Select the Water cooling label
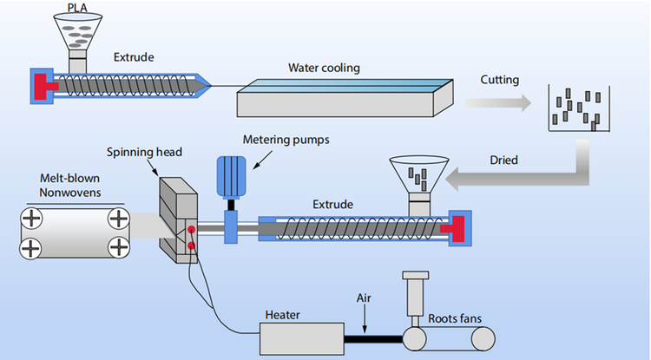(x=324, y=67)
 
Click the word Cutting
(x=499, y=80)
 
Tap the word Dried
(x=503, y=160)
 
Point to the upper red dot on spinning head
(x=189, y=230)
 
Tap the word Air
(x=365, y=297)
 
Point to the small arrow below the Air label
(x=366, y=322)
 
